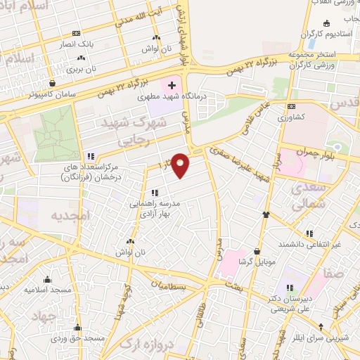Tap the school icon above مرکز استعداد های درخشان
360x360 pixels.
click(x=90, y=156)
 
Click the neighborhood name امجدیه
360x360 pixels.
click(x=70, y=216)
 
